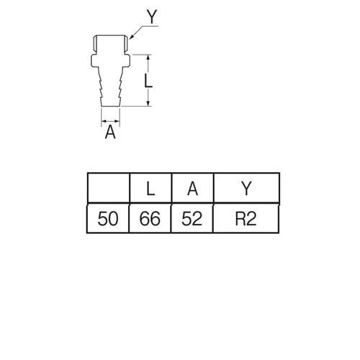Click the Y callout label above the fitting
[152, 17]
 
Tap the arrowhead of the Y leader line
[131, 37]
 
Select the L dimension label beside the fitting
[148, 81]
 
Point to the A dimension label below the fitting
[110, 132]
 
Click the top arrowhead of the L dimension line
[148, 58]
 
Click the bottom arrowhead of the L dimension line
[148, 103]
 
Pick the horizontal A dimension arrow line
[110, 121]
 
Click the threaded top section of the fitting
[110, 45]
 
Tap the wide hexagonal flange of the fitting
[110, 60]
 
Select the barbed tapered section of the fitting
[110, 86]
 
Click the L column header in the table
[150, 188]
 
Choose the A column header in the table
[192, 188]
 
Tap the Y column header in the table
[246, 188]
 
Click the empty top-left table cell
[109, 188]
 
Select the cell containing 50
[108, 219]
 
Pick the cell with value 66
[150, 219]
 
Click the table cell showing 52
[192, 219]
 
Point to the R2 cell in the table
[246, 219]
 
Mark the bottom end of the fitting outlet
[110, 106]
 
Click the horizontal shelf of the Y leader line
[150, 25]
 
